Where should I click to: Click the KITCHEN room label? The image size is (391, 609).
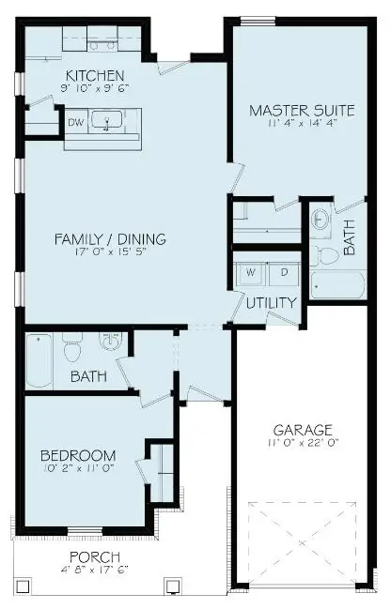point(93,74)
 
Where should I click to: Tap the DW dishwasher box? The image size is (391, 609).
point(75,121)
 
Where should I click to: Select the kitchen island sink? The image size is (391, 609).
point(111,122)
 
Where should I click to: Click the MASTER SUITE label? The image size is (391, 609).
point(301,111)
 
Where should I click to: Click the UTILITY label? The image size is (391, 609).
point(272,303)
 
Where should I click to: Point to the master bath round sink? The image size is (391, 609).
point(321,220)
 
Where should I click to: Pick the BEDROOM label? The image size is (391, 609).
point(78,456)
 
